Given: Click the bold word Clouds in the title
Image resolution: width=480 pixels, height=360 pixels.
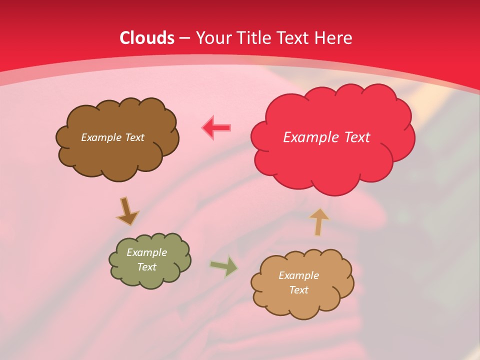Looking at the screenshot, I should click(x=147, y=38).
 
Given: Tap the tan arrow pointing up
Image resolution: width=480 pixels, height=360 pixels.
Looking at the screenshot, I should click(x=318, y=221).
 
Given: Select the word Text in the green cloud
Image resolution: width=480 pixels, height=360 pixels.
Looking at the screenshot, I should click(x=147, y=267).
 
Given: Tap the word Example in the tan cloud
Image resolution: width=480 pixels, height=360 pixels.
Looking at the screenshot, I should click(x=298, y=275).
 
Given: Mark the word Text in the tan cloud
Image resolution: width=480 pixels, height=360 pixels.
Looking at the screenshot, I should click(x=298, y=290).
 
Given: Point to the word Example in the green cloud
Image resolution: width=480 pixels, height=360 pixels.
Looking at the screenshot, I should click(x=147, y=252).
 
